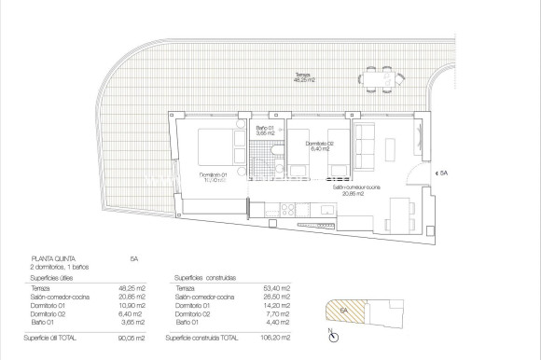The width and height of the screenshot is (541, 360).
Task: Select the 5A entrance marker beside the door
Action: pos(445,173)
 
